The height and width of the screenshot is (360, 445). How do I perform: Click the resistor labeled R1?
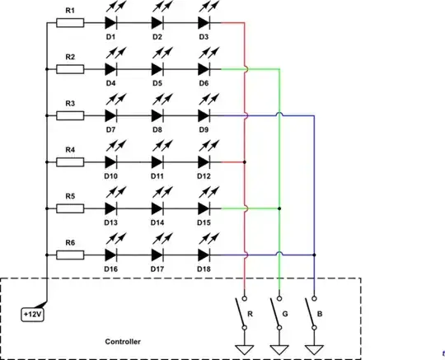coord(70,23)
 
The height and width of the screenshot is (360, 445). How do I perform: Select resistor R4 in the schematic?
coord(70,162)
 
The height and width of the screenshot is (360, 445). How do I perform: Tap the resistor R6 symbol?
coord(70,255)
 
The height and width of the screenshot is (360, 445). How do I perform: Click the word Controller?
coord(123,341)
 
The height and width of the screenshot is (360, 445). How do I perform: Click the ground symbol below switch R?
coord(245,348)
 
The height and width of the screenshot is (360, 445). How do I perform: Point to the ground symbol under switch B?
coord(314,348)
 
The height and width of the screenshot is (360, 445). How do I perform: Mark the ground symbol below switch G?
coord(279,348)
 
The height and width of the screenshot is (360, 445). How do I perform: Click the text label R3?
coord(70,103)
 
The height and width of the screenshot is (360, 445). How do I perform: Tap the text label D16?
coord(110,269)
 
